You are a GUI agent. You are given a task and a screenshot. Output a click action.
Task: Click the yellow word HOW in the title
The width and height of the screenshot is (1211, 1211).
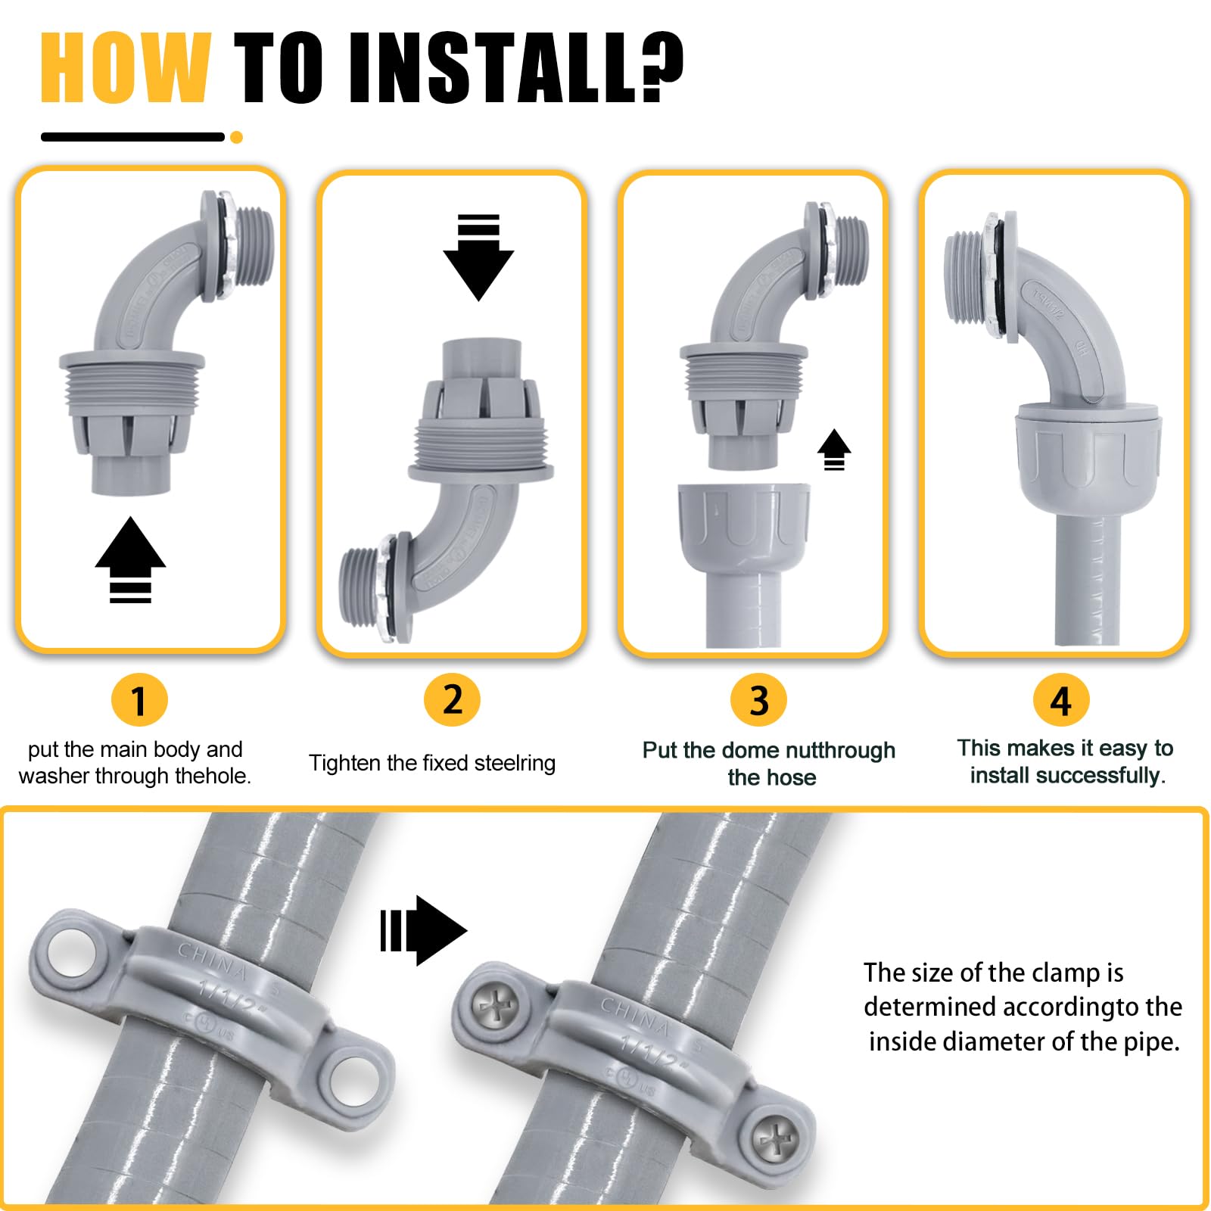pyautogui.click(x=125, y=68)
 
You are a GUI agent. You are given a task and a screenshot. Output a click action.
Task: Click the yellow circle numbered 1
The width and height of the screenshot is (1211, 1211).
pyautogui.click(x=139, y=700)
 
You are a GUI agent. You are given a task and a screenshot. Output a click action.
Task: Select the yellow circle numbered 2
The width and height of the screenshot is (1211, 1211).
pyautogui.click(x=452, y=699)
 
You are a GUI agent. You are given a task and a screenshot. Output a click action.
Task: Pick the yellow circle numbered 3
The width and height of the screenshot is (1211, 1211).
pyautogui.click(x=758, y=700)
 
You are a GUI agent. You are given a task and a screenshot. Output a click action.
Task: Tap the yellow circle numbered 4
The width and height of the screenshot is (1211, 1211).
pyautogui.click(x=1061, y=701)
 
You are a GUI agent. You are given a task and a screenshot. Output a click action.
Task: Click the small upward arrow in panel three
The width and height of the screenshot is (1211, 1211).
pyautogui.click(x=834, y=449)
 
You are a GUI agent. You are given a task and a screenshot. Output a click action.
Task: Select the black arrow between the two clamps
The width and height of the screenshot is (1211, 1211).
pyautogui.click(x=424, y=931)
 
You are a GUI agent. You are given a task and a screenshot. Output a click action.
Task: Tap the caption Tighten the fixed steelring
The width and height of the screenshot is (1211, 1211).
pyautogui.click(x=432, y=763)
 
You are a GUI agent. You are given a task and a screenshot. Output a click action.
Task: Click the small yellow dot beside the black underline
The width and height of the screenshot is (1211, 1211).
pyautogui.click(x=236, y=137)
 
